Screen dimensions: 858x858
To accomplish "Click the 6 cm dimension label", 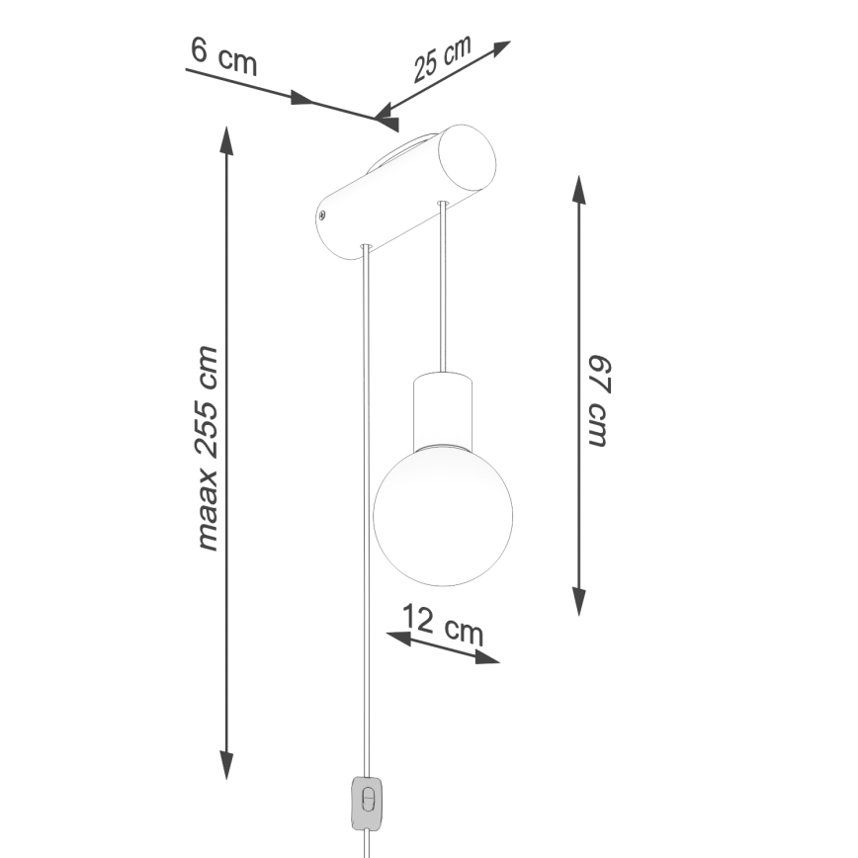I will coord(223,56).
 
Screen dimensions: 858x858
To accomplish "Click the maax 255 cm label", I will coord(208,448).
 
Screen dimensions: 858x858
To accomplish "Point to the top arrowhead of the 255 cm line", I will coord(226,141).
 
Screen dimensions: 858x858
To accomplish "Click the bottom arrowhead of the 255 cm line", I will coord(226,765).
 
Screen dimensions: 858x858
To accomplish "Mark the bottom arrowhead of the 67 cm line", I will coord(579,600).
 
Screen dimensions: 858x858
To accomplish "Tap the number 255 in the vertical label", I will coord(208,424).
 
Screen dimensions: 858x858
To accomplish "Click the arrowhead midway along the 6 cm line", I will coord(301,100).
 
